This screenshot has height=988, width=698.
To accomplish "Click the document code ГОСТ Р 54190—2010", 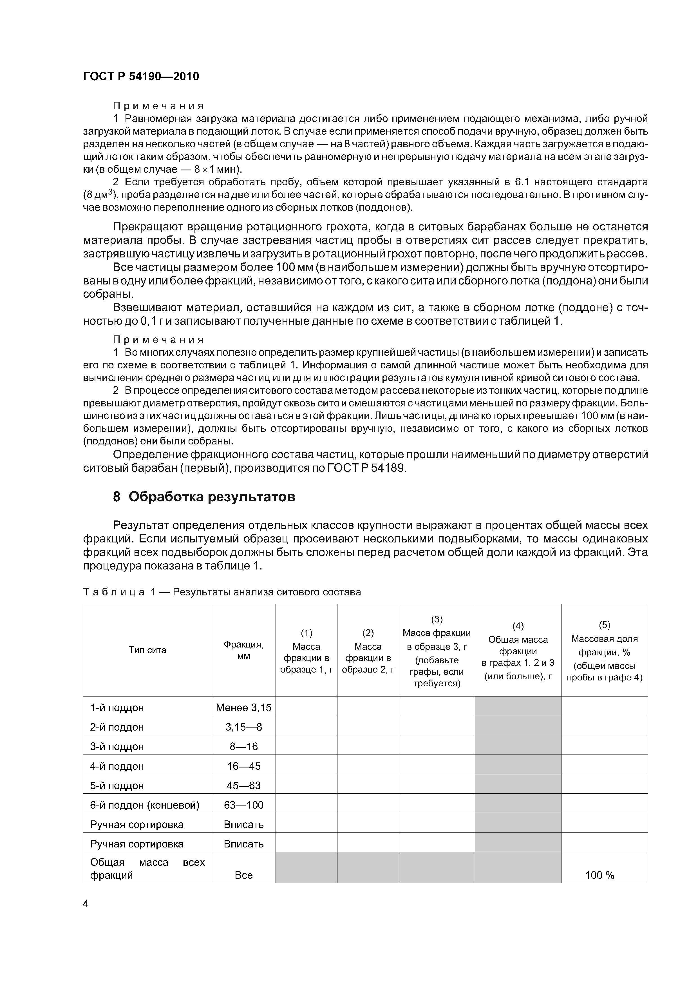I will tap(141, 77).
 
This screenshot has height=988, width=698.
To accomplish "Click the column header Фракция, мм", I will tap(243, 650).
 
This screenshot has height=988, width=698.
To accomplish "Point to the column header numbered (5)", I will tap(604, 625).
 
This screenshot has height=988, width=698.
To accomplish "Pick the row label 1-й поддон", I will tap(117, 708).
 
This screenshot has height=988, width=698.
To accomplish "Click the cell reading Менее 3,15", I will tap(243, 708).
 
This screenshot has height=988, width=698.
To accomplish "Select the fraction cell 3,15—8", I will tap(243, 727).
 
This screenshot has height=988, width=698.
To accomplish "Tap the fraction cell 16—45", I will tap(243, 766).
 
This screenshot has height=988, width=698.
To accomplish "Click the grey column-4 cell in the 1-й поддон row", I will tap(518, 708).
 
